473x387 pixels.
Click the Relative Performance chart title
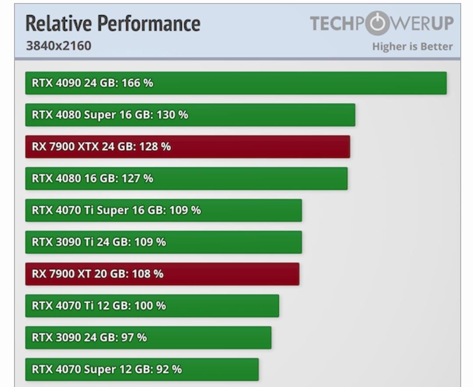point(113,24)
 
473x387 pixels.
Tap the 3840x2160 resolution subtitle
point(59,46)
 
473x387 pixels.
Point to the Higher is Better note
point(412,47)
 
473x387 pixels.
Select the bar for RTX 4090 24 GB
point(236,83)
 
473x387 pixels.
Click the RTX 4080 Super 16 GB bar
point(190,115)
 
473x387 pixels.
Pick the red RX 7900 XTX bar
point(187,147)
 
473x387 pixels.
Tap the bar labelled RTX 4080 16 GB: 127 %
point(186,179)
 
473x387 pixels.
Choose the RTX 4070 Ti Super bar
point(164,210)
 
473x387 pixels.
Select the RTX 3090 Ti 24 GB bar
point(164,242)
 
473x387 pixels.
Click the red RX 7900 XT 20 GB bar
point(162,274)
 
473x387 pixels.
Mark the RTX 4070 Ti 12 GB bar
point(152,306)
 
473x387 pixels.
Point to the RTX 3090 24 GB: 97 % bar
point(148,337)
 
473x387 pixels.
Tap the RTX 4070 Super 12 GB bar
point(142,369)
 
